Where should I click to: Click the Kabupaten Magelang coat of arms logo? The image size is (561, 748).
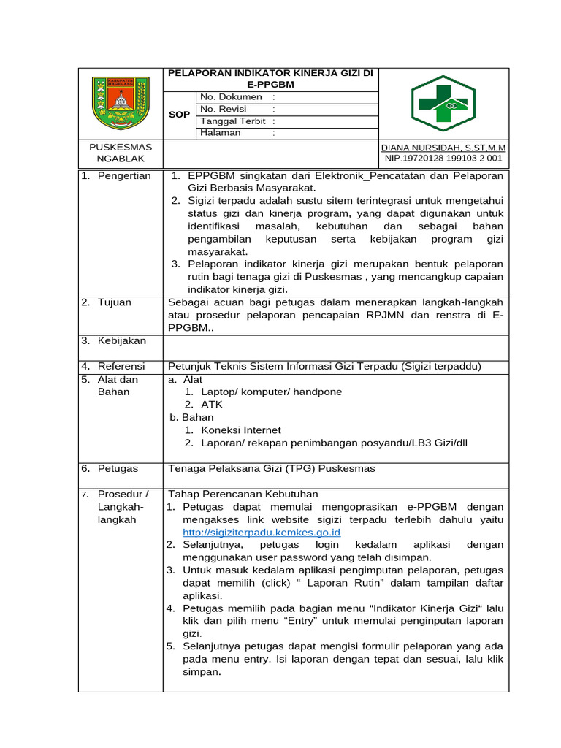click(x=119, y=103)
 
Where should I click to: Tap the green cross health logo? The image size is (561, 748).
click(x=443, y=104)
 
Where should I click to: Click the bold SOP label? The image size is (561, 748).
click(x=180, y=115)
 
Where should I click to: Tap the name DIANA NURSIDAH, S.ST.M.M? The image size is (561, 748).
click(x=444, y=147)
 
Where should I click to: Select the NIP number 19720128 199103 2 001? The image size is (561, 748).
click(x=444, y=158)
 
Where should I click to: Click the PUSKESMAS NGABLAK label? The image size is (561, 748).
click(x=120, y=153)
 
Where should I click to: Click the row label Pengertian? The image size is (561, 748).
click(x=124, y=176)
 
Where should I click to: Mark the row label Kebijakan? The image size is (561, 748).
click(x=122, y=341)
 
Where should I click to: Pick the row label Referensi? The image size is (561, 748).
click(x=122, y=366)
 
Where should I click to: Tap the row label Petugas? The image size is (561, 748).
click(x=118, y=469)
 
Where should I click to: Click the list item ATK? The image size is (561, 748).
click(x=212, y=405)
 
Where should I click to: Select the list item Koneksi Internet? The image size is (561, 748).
click(x=241, y=430)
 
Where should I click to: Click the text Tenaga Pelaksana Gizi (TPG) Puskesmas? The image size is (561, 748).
click(x=272, y=469)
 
